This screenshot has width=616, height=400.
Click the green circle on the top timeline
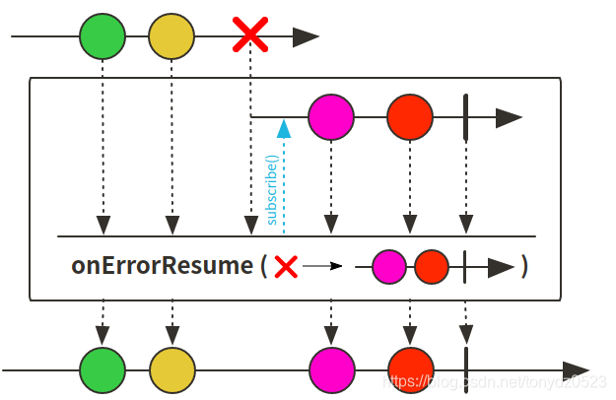coord(103,37)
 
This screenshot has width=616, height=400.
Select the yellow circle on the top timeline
coord(171,37)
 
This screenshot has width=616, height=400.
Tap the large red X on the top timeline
coord(250,36)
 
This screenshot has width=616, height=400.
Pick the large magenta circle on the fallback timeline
coord(331,117)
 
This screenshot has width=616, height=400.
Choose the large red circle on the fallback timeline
coord(410,117)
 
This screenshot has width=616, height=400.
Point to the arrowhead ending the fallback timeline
coord(508,118)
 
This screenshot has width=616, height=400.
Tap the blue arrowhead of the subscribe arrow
coord(284,127)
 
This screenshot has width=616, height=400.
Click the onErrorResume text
coord(162,266)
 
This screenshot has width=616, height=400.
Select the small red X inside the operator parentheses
coord(286,266)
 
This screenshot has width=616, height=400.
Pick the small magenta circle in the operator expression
coord(389,266)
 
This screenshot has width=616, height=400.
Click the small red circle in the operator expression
coord(431,266)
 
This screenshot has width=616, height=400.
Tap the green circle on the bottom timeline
coord(103,369)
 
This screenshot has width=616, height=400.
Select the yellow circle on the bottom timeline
coord(172,369)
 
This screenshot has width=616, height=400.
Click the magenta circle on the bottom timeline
coord(331,369)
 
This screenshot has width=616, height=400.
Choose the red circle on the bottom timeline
coord(410,369)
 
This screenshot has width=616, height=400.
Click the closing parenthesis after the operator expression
coord(524,266)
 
